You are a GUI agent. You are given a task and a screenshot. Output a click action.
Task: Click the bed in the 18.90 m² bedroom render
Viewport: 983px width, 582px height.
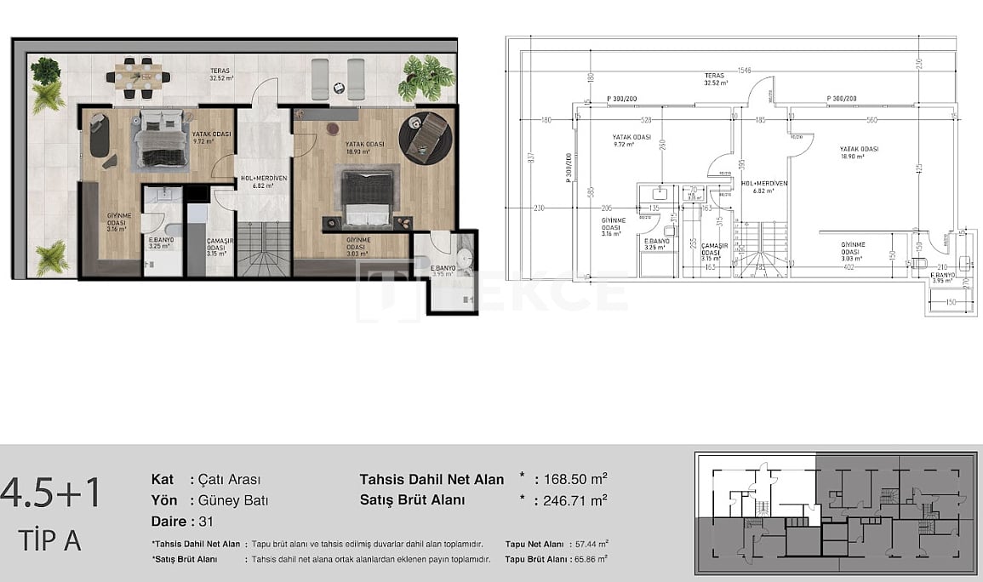click(x=368, y=195)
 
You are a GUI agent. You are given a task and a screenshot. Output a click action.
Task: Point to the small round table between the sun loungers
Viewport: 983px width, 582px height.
click(x=339, y=87)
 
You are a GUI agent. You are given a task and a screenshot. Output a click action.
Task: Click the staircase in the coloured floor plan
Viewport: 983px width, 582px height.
click(x=263, y=248)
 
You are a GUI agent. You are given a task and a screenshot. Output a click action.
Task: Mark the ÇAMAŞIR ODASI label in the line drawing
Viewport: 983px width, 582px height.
click(x=711, y=248)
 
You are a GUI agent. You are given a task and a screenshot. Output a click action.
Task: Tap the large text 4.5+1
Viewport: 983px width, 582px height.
click(x=51, y=494)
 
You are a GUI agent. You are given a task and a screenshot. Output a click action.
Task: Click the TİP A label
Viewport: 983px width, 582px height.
click(x=49, y=539)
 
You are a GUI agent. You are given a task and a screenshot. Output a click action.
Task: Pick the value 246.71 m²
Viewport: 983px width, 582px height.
click(x=574, y=500)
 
